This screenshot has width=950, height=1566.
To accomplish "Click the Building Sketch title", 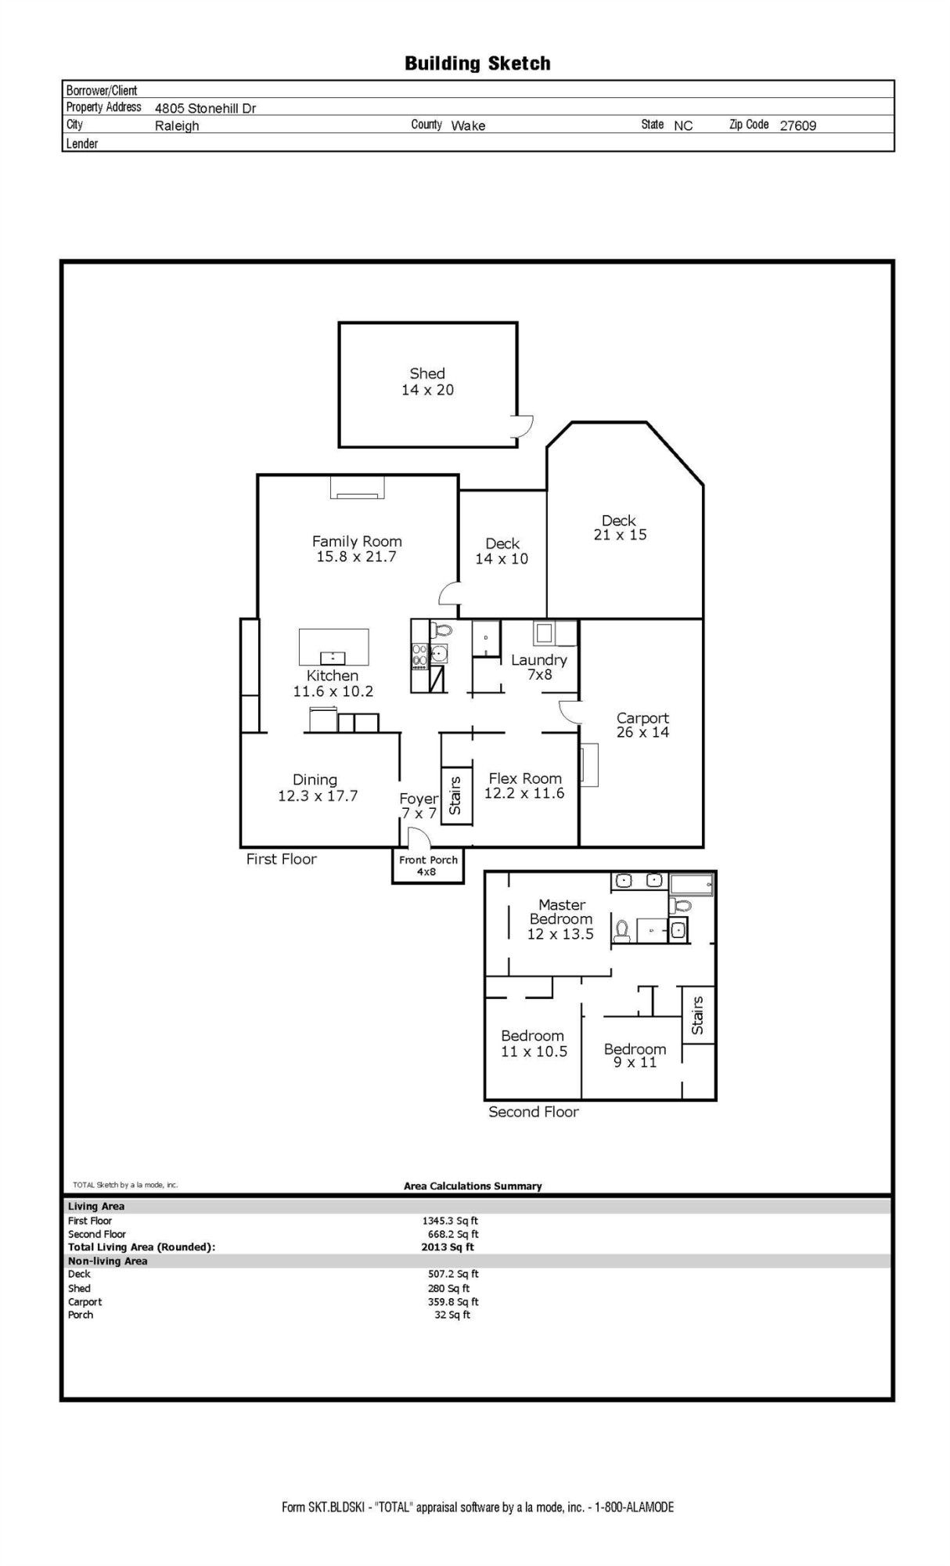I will click(x=477, y=63).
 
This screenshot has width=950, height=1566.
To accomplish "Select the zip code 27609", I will click(x=797, y=125).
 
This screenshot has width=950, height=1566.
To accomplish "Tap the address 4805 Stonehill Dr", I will click(x=205, y=108).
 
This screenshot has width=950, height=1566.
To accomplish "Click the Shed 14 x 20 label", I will click(x=427, y=382).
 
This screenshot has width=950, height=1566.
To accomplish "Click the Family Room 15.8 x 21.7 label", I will click(x=357, y=549).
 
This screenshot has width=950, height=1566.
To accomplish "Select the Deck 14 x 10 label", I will click(x=502, y=551).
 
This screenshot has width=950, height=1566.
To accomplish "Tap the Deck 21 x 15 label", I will click(x=620, y=528).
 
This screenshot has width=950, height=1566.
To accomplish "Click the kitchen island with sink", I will click(x=333, y=647).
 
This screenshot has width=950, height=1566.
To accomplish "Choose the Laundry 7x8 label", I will click(x=539, y=667).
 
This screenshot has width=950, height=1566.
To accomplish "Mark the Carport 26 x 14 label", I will click(x=642, y=725).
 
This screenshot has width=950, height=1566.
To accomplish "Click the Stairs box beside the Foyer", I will click(x=456, y=794).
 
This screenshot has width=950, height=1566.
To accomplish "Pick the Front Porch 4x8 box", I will click(x=427, y=866).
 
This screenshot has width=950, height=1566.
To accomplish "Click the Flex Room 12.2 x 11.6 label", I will click(x=524, y=785).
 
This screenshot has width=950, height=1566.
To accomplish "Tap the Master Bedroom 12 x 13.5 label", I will click(x=561, y=919).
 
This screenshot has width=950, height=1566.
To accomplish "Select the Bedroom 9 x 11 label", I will click(x=635, y=1055).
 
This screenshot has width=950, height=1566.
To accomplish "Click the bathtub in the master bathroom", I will click(x=692, y=883).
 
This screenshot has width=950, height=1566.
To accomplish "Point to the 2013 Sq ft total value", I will click(x=448, y=1247).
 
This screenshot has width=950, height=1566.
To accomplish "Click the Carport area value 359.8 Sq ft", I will click(x=452, y=1301).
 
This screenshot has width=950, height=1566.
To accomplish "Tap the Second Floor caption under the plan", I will click(x=533, y=1112).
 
